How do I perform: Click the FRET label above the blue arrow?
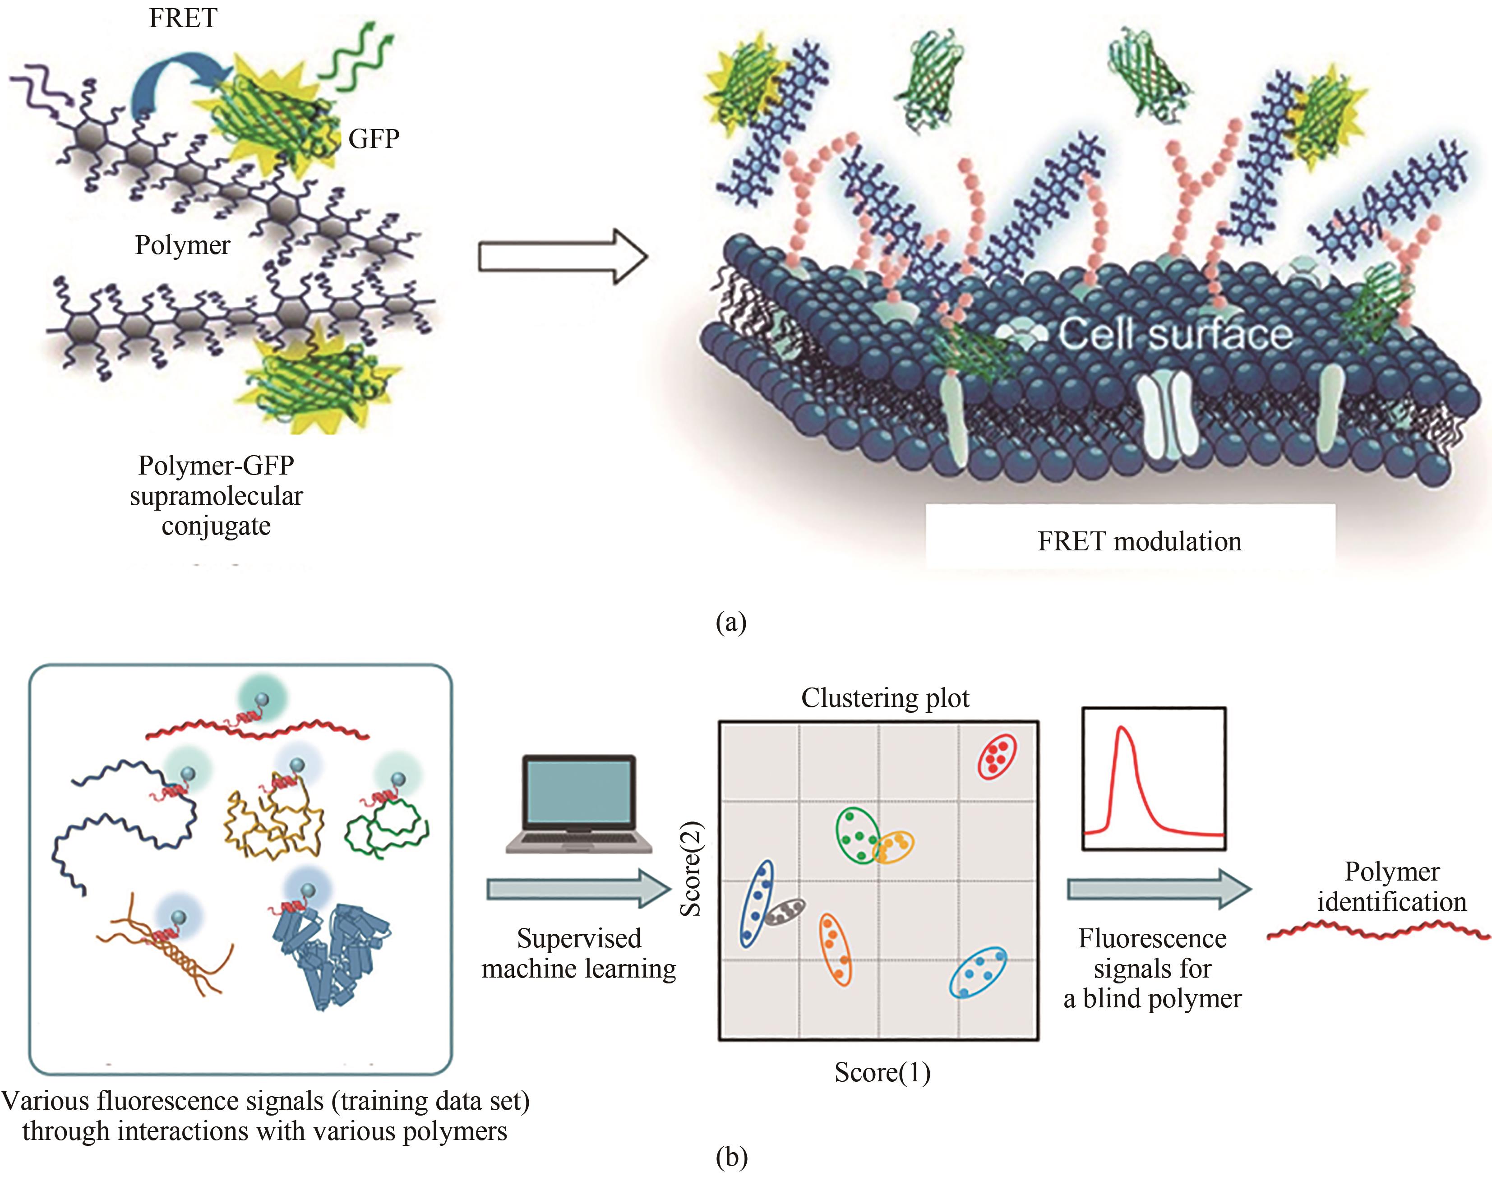click(183, 18)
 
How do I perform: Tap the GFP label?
click(374, 139)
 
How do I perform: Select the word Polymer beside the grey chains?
click(183, 245)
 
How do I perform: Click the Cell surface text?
click(1175, 334)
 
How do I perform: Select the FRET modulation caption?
click(1139, 541)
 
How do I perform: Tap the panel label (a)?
click(731, 623)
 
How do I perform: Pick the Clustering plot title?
click(885, 698)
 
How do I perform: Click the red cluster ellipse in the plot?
click(996, 757)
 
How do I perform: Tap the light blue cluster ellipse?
click(978, 972)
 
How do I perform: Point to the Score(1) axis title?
click(882, 1072)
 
